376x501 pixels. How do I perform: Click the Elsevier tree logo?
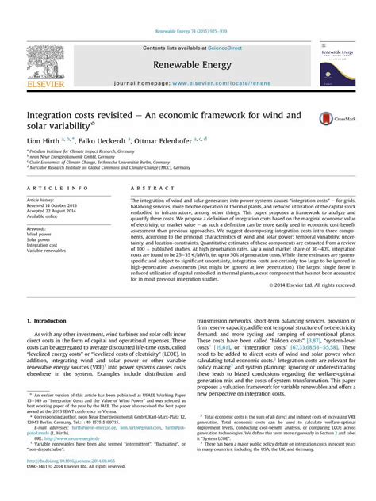click(x=46, y=64)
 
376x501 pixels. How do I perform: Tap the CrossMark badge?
click(x=331, y=119)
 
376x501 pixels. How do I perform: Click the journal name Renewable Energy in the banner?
click(x=188, y=63)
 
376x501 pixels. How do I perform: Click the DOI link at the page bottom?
click(x=60, y=482)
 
